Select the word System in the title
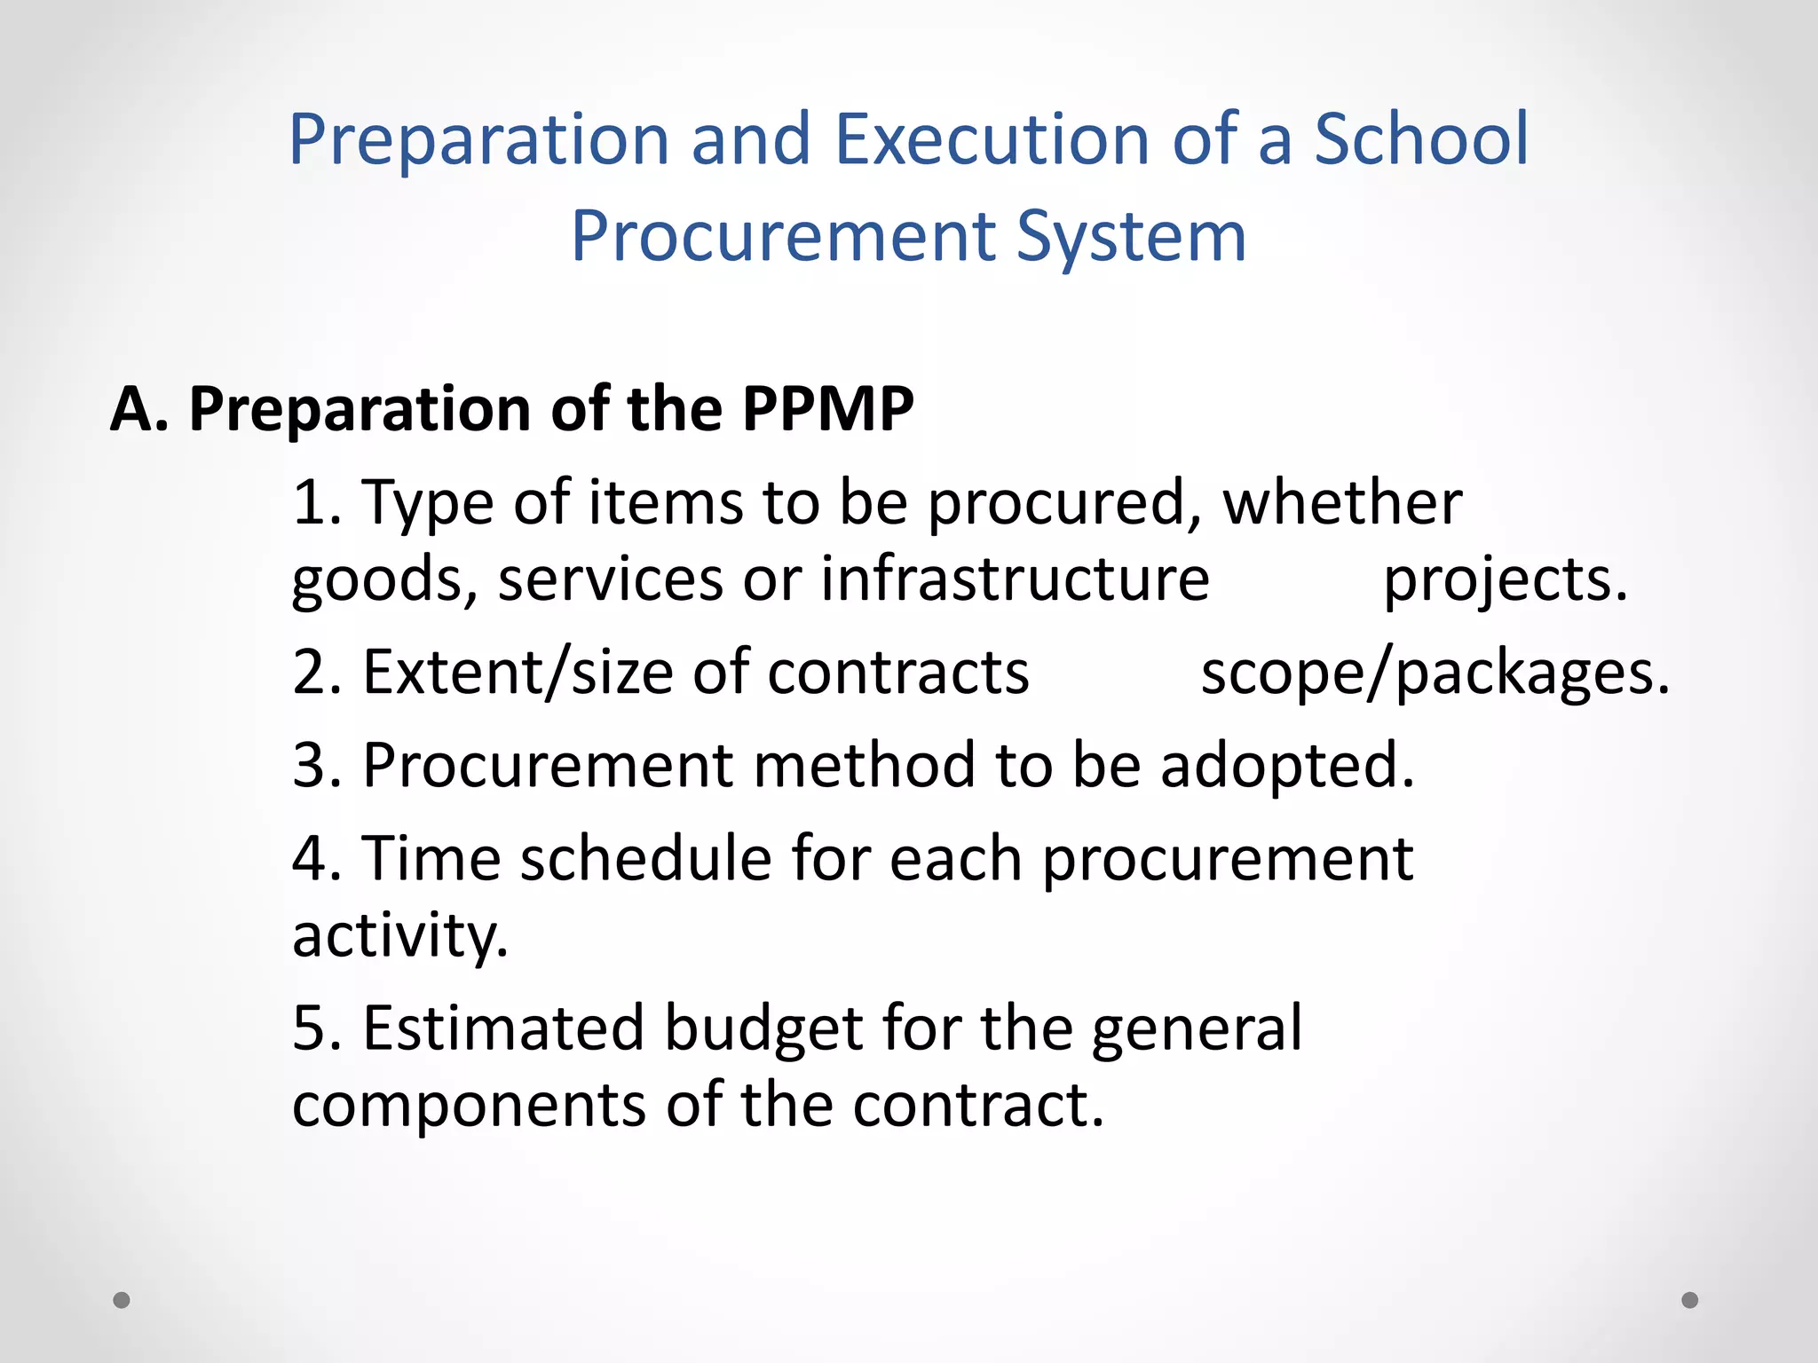1131,237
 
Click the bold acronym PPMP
827,409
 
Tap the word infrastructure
1015,579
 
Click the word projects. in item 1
1506,579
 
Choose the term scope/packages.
1435,674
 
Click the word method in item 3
864,765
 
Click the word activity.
400,935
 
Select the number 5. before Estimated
317,1028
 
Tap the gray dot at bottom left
122,1300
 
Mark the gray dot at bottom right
1690,1300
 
